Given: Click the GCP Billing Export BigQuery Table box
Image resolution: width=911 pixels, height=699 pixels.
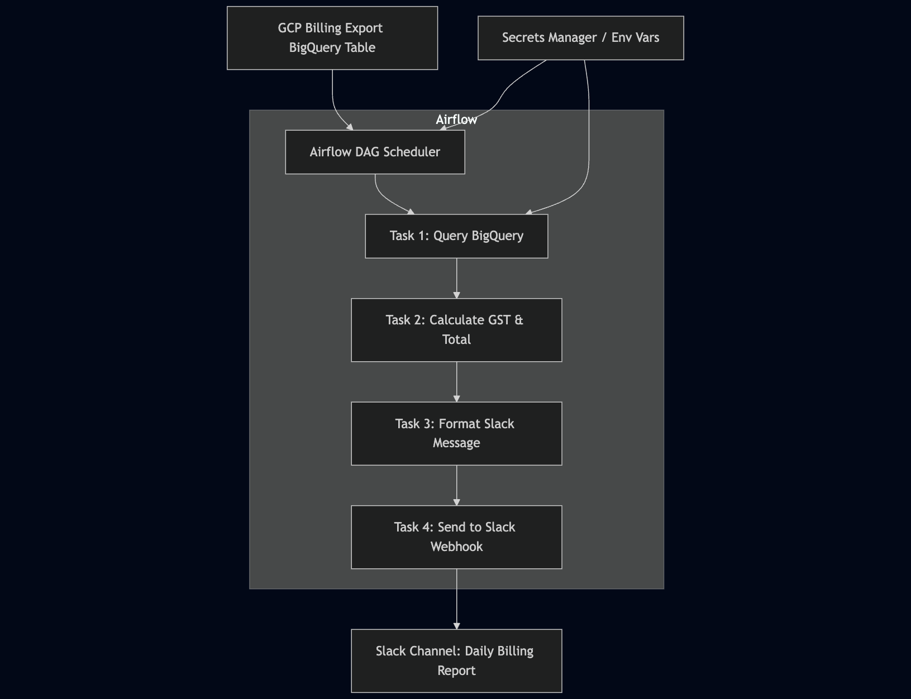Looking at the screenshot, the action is click(x=332, y=38).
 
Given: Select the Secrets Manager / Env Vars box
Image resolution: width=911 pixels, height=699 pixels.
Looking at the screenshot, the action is click(x=581, y=38).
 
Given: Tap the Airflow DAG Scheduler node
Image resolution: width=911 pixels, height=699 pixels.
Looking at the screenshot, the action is click(x=375, y=152).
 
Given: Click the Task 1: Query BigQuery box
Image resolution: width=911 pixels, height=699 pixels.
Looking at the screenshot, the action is click(x=456, y=236).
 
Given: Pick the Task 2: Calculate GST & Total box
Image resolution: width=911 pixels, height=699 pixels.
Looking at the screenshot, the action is click(x=456, y=330).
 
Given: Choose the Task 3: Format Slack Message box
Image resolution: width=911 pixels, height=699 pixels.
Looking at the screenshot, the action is click(x=456, y=433).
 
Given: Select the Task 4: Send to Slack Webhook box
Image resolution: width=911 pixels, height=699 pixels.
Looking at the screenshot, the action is click(x=456, y=537).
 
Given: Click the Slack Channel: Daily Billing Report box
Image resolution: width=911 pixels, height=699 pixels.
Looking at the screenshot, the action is click(x=456, y=660).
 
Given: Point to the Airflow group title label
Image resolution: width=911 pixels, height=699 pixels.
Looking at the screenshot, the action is click(x=456, y=120).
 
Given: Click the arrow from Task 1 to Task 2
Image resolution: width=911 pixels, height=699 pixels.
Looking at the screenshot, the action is click(x=456, y=278).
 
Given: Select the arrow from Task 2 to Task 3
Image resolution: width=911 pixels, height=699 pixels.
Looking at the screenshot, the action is click(x=456, y=382).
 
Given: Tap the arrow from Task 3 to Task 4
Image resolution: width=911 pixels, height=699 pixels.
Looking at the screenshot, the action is click(x=456, y=485).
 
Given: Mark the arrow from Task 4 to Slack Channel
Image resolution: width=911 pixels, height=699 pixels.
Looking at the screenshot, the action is click(x=456, y=599).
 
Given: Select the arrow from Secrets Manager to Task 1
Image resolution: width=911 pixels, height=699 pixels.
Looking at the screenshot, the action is click(x=589, y=138).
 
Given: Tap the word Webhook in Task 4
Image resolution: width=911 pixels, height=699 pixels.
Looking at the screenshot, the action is click(x=456, y=547).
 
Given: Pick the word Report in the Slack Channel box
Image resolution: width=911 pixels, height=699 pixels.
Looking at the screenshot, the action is click(x=456, y=671).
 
